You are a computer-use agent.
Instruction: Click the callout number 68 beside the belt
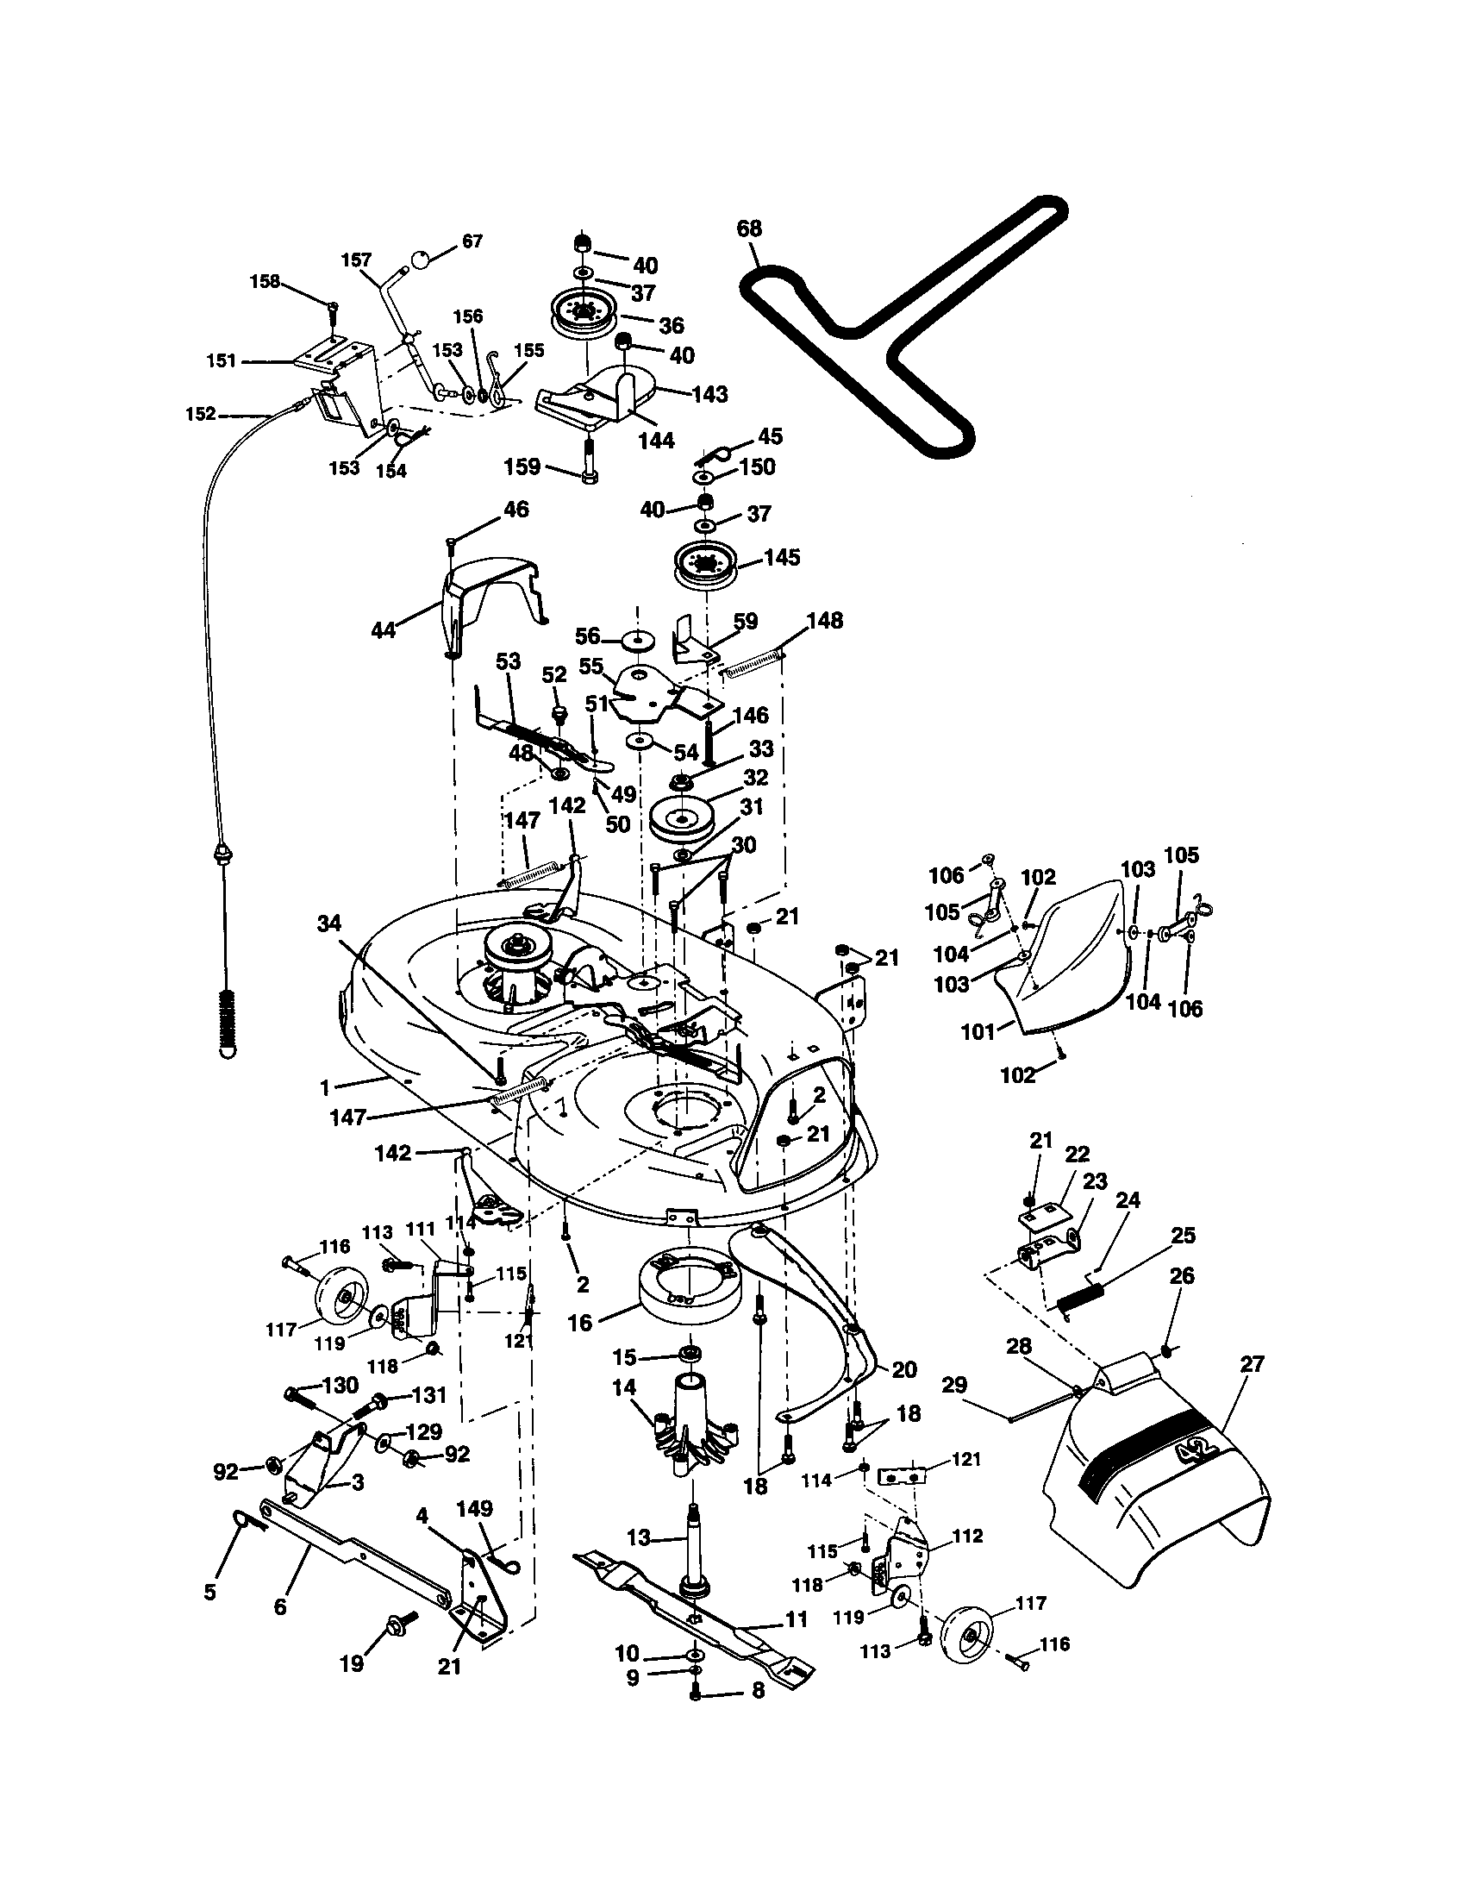[748, 229]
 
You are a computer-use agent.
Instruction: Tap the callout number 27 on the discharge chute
[1252, 1364]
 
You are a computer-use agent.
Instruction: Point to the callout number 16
[579, 1322]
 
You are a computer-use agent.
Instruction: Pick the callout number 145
[781, 557]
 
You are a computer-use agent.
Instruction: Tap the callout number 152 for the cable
[201, 414]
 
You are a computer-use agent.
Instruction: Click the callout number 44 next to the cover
[383, 629]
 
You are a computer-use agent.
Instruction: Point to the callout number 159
[522, 467]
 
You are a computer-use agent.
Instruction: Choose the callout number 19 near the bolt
[352, 1662]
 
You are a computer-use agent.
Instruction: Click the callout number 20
[903, 1370]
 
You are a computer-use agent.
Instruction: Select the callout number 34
[329, 923]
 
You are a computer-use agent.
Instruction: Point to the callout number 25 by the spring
[1183, 1235]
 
